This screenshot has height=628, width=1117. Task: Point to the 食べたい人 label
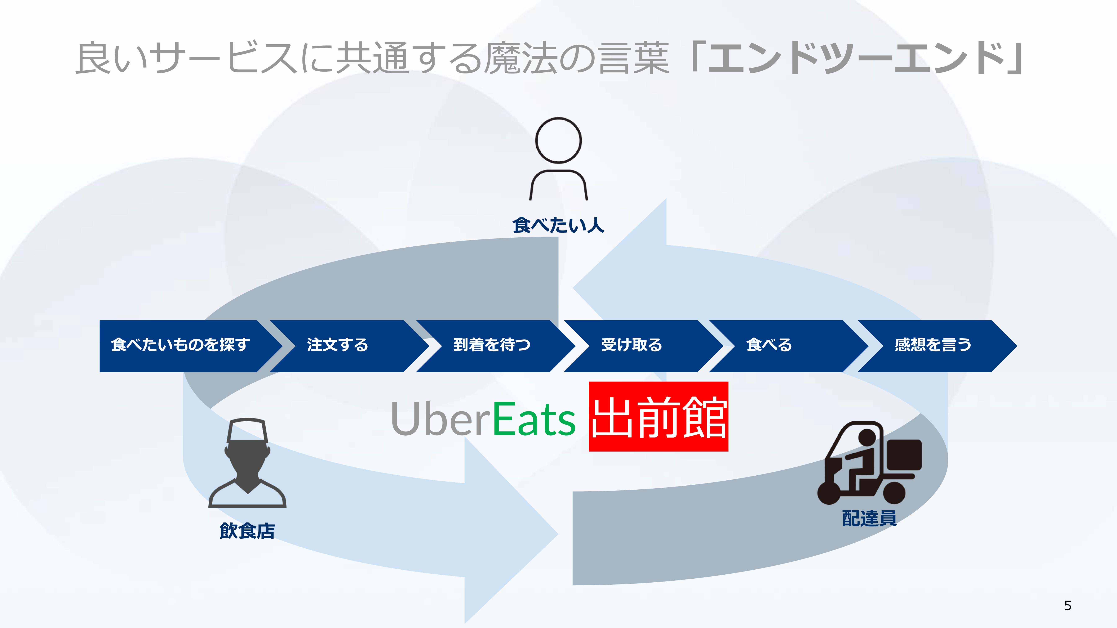click(558, 225)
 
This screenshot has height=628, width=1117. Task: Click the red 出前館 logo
click(658, 417)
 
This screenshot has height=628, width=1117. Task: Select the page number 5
click(1067, 605)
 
